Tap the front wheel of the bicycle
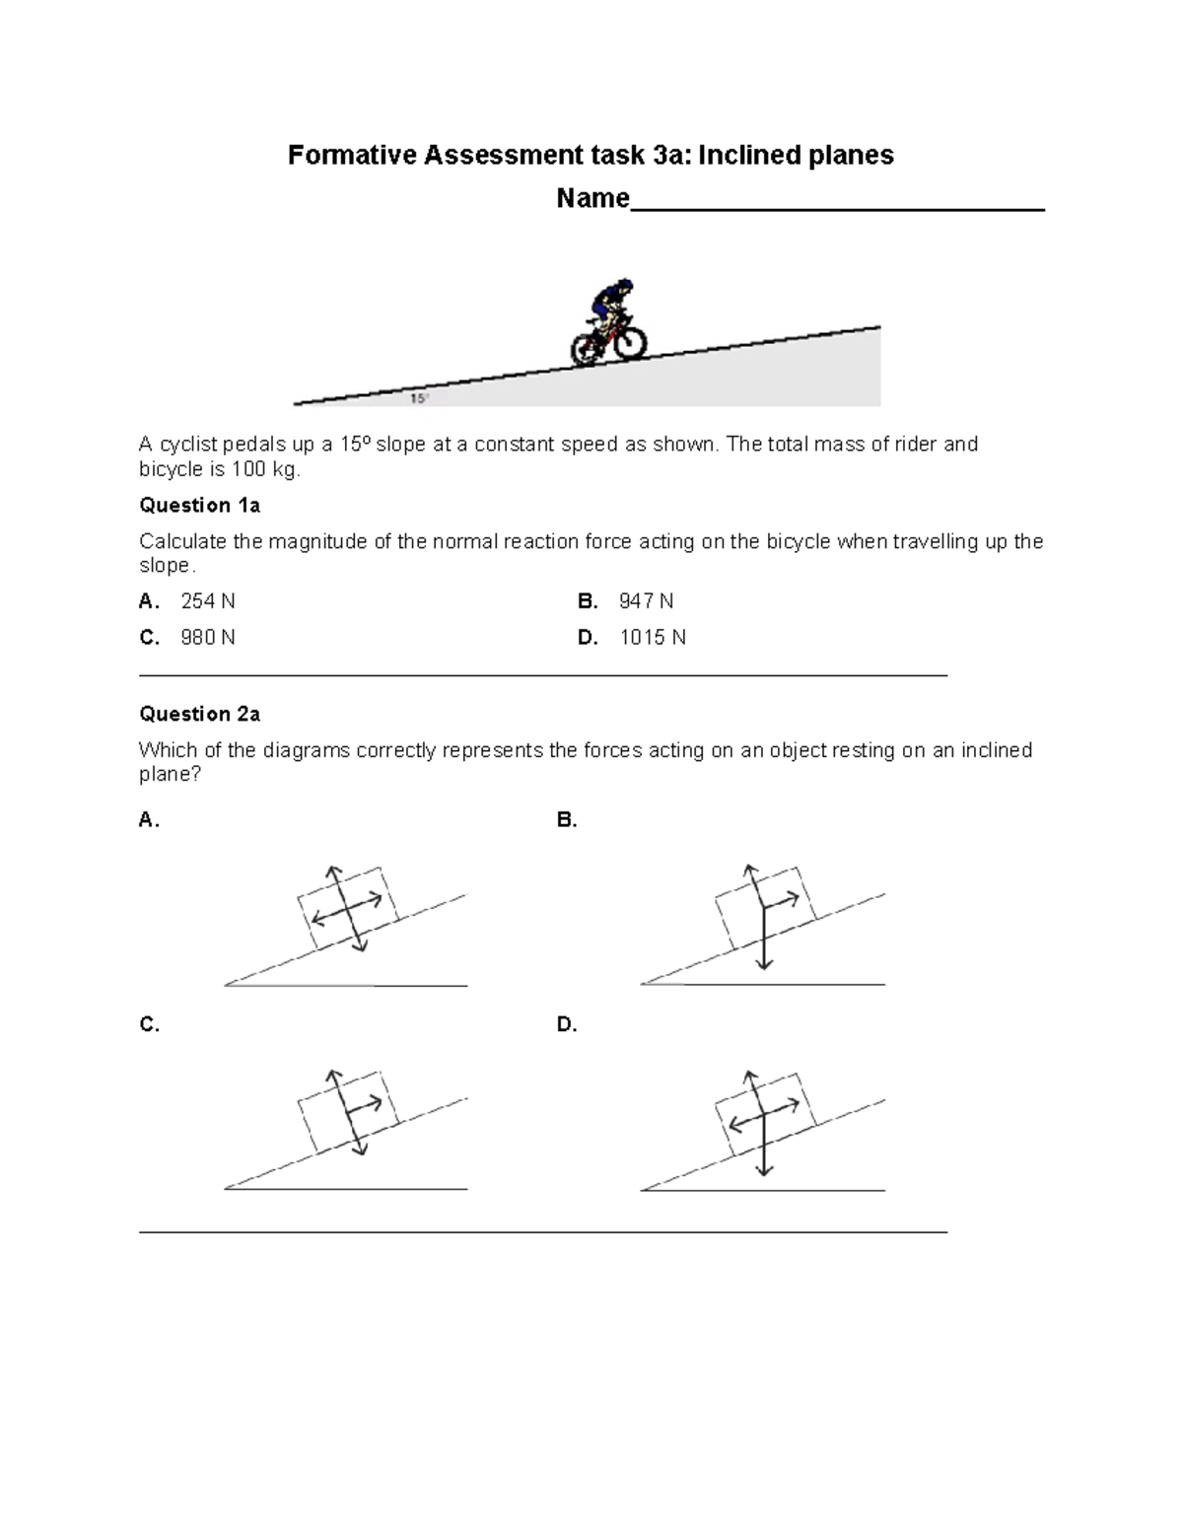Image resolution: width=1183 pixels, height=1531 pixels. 628,342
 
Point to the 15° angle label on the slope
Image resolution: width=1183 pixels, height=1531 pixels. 419,398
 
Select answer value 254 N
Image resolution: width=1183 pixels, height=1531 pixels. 207,601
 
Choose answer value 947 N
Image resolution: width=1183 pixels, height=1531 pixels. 646,601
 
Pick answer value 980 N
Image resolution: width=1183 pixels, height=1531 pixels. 207,638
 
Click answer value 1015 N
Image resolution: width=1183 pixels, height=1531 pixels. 652,638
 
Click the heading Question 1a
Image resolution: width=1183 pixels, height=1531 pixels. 199,506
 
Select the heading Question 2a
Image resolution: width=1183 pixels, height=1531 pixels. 199,714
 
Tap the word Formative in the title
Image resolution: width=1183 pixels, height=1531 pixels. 352,156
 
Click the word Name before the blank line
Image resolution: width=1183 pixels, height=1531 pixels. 591,199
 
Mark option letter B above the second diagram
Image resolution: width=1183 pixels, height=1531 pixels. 567,820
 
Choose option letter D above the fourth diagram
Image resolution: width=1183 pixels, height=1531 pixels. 567,1025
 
